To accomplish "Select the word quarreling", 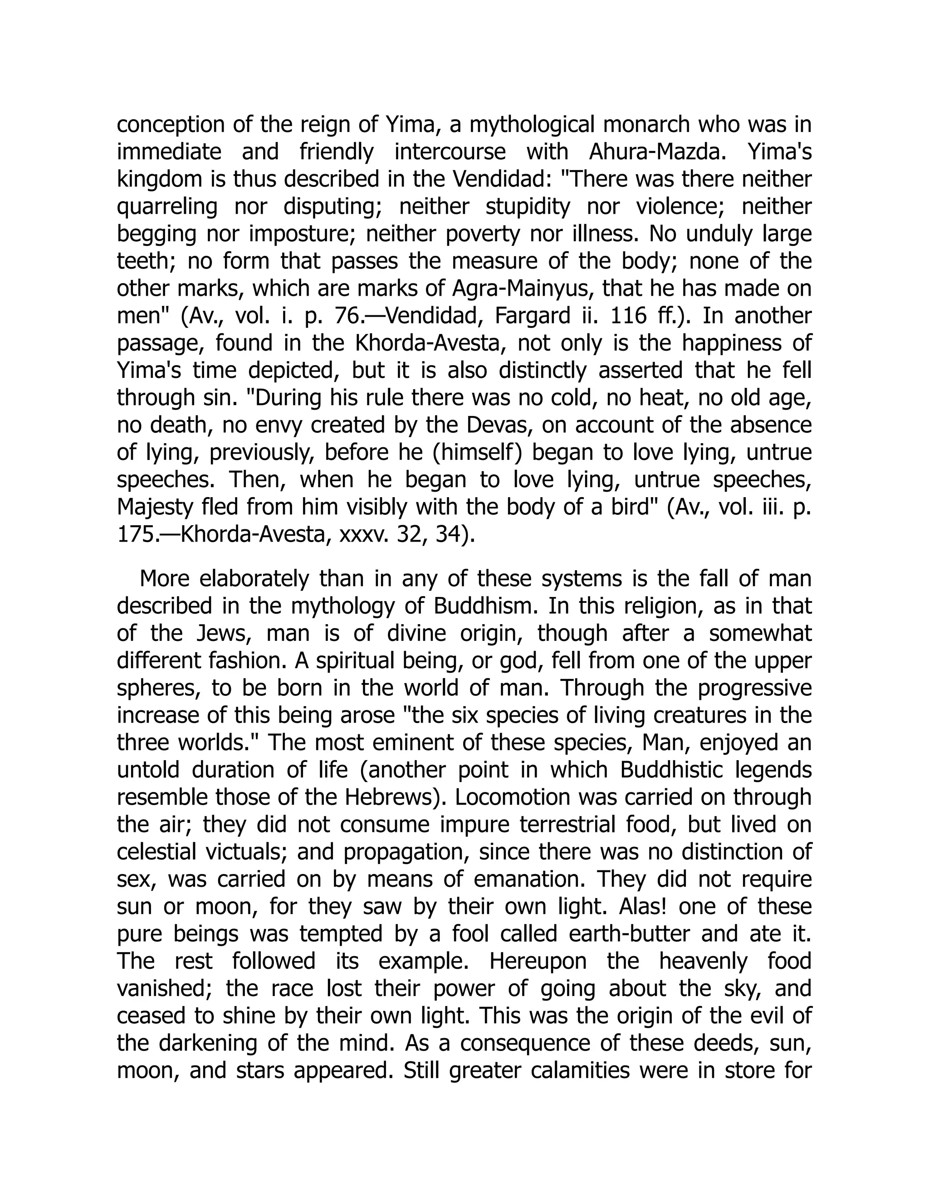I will pyautogui.click(x=167, y=207).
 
